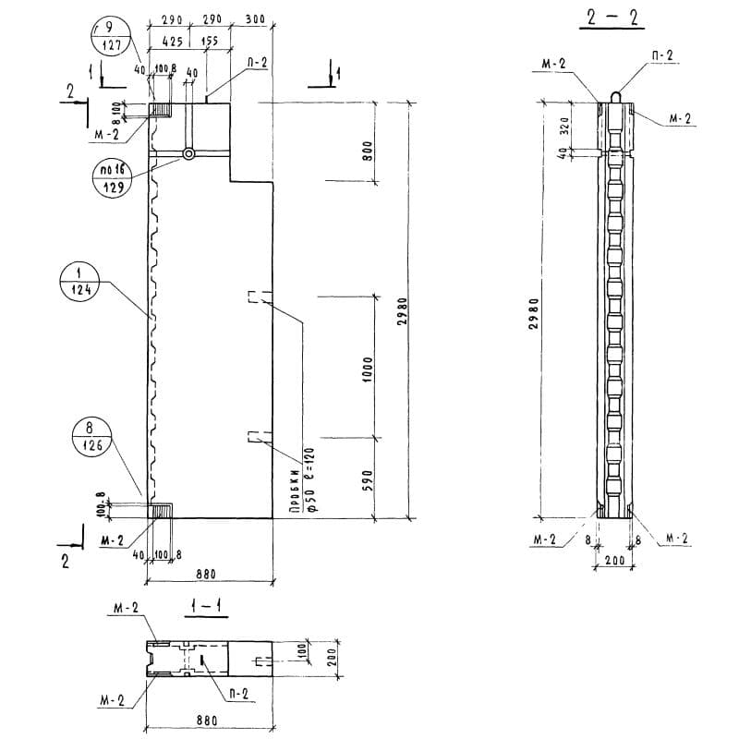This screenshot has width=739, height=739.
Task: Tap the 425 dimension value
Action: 171,42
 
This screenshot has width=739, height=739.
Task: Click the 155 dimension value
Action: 209,42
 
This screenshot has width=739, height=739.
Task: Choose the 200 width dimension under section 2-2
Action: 614,561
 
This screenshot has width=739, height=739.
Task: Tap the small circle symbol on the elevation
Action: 188,154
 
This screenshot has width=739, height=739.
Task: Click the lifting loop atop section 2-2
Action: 614,93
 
